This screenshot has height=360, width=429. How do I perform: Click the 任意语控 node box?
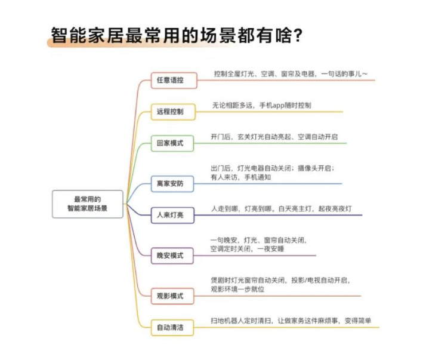coord(174,80)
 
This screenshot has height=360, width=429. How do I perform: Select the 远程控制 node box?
coord(173,112)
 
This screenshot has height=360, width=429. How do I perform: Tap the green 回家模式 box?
coord(172,143)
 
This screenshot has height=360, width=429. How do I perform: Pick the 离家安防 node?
coord(172,184)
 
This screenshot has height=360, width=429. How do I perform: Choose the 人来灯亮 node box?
coord(172,215)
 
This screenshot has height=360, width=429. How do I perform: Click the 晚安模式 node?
coord(172,256)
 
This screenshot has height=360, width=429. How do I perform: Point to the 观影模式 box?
coord(172,296)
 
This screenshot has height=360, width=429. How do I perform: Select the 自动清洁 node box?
coord(172,327)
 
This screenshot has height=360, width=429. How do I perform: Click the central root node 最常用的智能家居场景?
coord(88,204)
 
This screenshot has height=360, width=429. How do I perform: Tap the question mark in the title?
coord(297,35)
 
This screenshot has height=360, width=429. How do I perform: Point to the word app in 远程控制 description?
coord(275,106)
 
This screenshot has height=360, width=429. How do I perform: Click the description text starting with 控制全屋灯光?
coord(291,74)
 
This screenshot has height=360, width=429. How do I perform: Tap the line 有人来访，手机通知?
coord(241,177)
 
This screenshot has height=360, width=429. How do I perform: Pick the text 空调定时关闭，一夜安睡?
coord(247,249)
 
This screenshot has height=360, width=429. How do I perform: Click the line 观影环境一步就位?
coord(237,289)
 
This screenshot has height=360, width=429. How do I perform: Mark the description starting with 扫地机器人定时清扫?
coord(291,321)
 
